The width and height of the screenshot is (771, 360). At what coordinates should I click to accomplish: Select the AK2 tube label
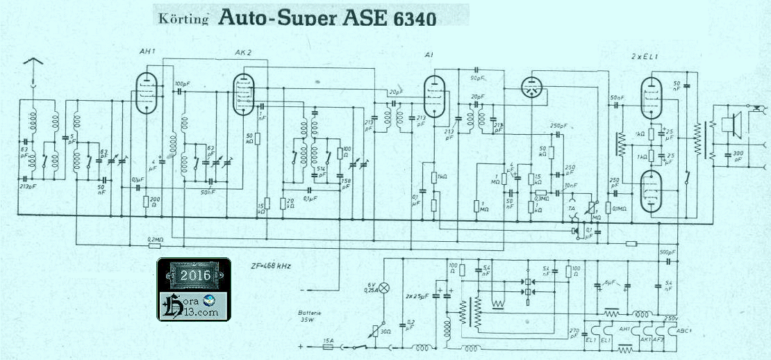point(243,52)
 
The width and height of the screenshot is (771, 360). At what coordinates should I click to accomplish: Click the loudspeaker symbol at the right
point(729,125)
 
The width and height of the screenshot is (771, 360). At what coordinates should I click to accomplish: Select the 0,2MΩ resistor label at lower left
point(156,238)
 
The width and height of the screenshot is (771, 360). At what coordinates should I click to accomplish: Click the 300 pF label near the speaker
point(737,156)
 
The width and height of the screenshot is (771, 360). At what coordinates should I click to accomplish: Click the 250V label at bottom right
point(671,318)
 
